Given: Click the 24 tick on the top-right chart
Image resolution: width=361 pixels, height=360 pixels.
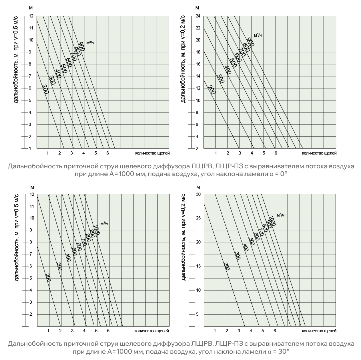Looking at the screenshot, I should (x=197, y=16).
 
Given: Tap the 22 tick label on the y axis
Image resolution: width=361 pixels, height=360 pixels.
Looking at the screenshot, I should (x=197, y=28).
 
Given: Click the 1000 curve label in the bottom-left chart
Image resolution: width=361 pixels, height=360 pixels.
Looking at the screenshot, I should (x=96, y=230).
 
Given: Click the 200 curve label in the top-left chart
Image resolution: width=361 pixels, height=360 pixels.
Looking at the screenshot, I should (x=45, y=89).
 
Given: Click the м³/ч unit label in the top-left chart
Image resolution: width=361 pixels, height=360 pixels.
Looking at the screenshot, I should (x=90, y=43).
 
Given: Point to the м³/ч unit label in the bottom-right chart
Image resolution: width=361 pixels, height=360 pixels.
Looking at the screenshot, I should (x=280, y=215).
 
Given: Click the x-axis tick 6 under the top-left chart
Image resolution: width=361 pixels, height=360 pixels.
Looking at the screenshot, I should (x=108, y=153).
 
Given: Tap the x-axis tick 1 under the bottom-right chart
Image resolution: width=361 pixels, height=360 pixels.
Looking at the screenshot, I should (x=215, y=331).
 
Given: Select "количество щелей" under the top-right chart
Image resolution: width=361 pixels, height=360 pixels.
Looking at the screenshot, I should (x=319, y=153).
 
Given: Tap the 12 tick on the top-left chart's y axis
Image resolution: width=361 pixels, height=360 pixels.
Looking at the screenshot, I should (x=31, y=16).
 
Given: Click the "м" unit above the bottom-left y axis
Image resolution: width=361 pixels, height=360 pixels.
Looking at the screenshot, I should (x=32, y=187).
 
